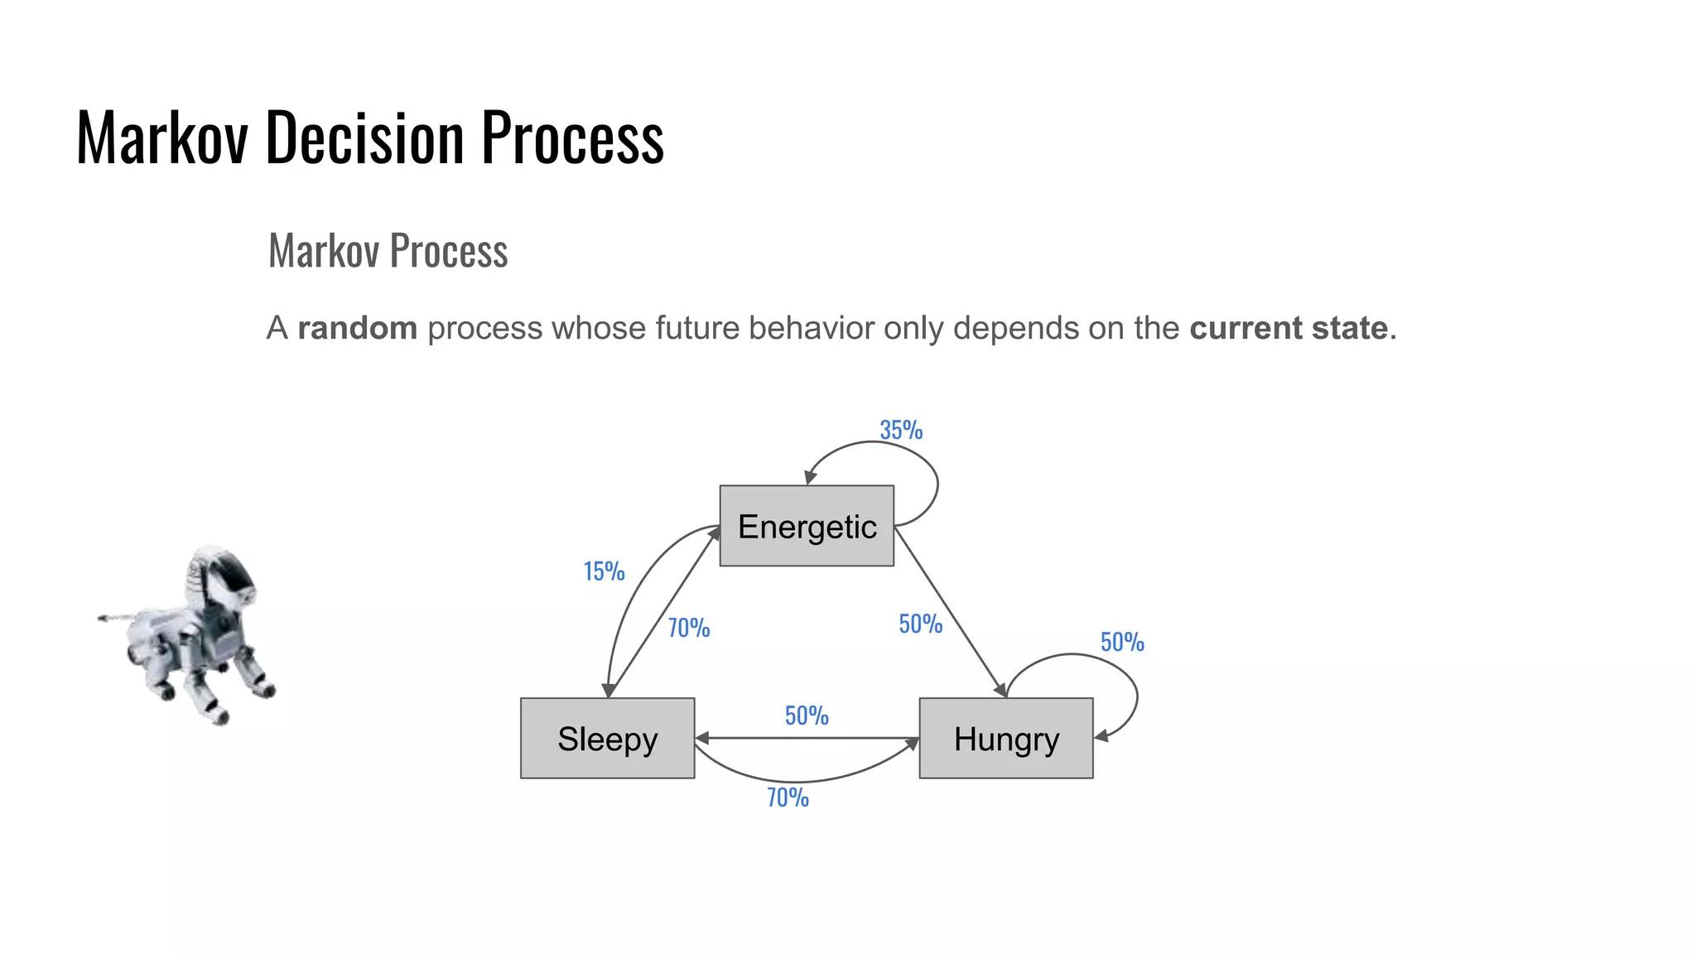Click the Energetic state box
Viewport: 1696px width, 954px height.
(x=807, y=526)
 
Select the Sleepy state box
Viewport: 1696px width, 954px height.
(x=607, y=738)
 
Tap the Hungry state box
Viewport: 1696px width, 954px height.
(x=1005, y=738)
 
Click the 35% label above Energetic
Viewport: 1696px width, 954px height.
(x=901, y=430)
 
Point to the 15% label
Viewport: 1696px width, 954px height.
(x=604, y=571)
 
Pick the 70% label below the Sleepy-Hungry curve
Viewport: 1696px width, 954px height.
(x=788, y=797)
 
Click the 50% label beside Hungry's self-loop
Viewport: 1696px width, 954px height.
(x=1122, y=642)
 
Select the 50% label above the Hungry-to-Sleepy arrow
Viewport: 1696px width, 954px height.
(x=807, y=715)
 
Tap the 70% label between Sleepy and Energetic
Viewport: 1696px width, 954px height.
(x=689, y=628)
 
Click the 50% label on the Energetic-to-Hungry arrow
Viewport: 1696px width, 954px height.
(x=921, y=624)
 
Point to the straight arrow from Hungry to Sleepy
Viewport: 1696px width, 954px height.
(x=807, y=737)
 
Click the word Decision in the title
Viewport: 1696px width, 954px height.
(x=364, y=137)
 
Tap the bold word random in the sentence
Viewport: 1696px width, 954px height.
(x=357, y=328)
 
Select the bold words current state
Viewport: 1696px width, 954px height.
(x=1289, y=328)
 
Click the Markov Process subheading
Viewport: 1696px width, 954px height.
(x=388, y=251)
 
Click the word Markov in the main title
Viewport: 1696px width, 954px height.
(x=161, y=137)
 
